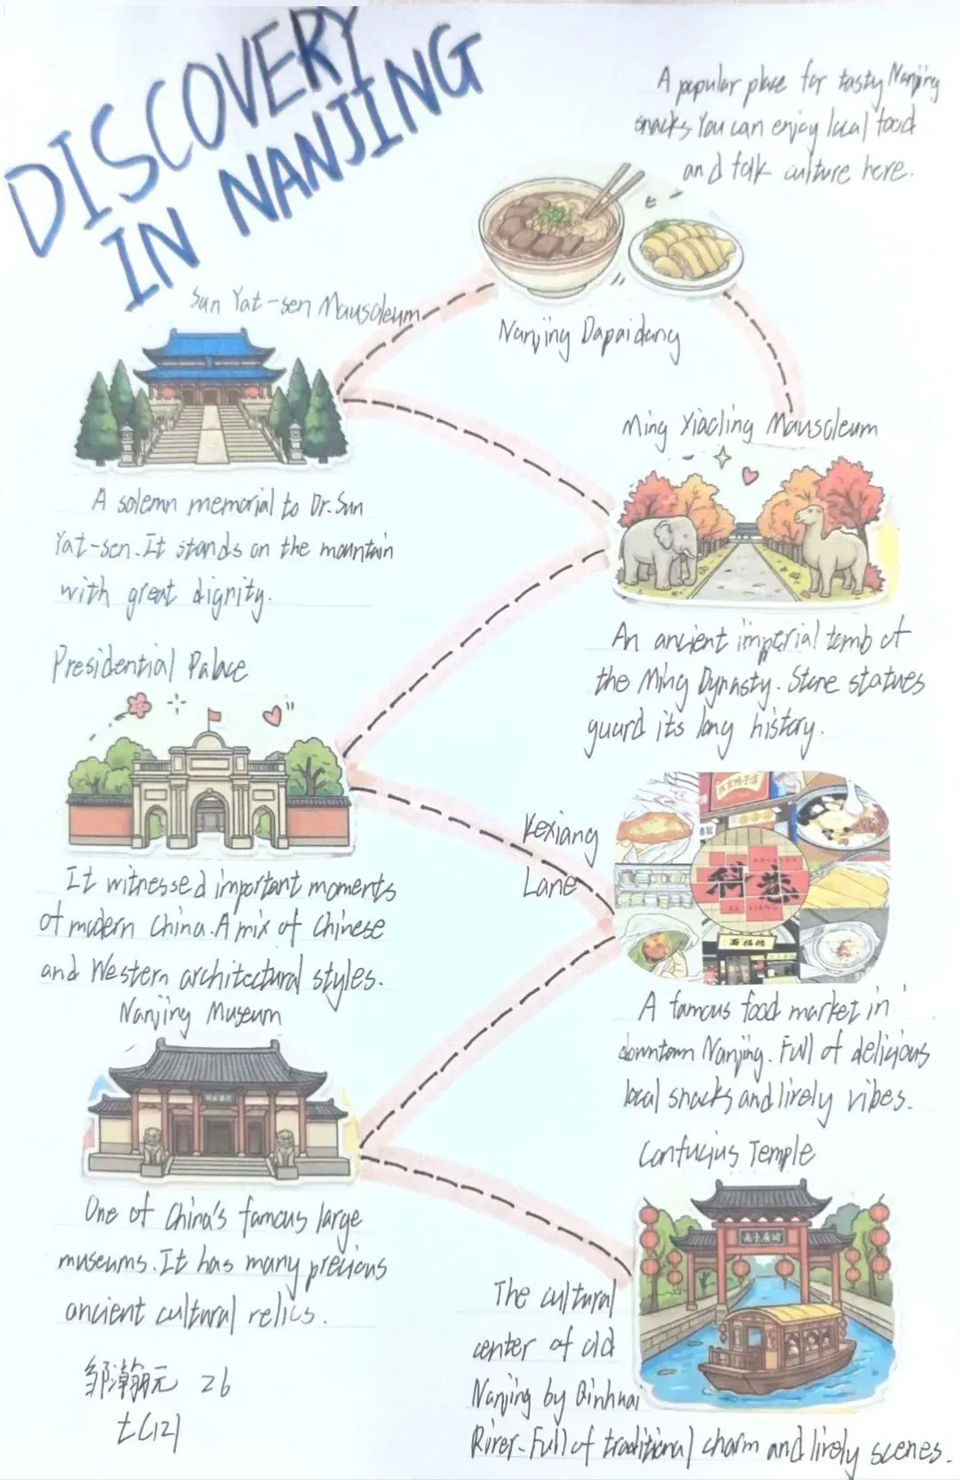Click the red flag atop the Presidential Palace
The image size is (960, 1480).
(212, 714)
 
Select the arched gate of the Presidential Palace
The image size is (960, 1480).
(211, 813)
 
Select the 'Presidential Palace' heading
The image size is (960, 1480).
(148, 665)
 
